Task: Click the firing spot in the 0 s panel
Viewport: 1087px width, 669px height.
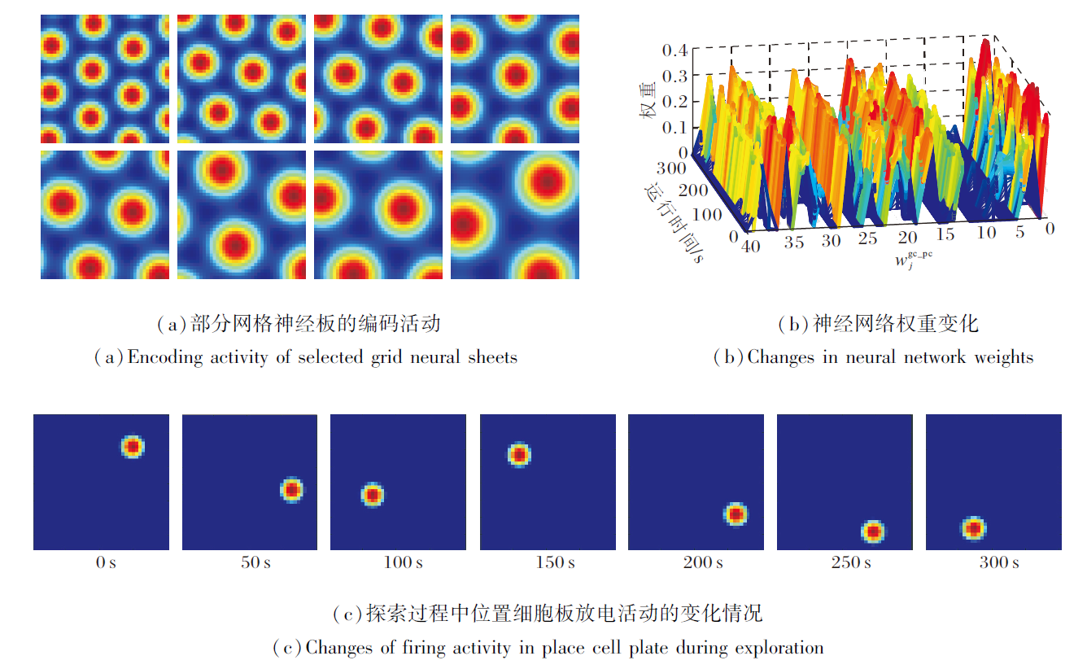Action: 132,446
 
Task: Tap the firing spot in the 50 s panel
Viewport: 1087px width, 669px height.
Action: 291,490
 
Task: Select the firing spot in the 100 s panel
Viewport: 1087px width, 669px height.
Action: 372,494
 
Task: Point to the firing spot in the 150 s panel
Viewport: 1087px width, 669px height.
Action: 519,454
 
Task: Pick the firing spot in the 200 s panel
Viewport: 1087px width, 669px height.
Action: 736,514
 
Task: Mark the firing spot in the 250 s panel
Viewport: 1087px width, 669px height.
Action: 873,531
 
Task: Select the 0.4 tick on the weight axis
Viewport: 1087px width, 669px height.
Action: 676,50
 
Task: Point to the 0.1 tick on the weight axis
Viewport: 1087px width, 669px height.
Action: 676,127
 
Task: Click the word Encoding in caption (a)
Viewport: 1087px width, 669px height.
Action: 165,356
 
